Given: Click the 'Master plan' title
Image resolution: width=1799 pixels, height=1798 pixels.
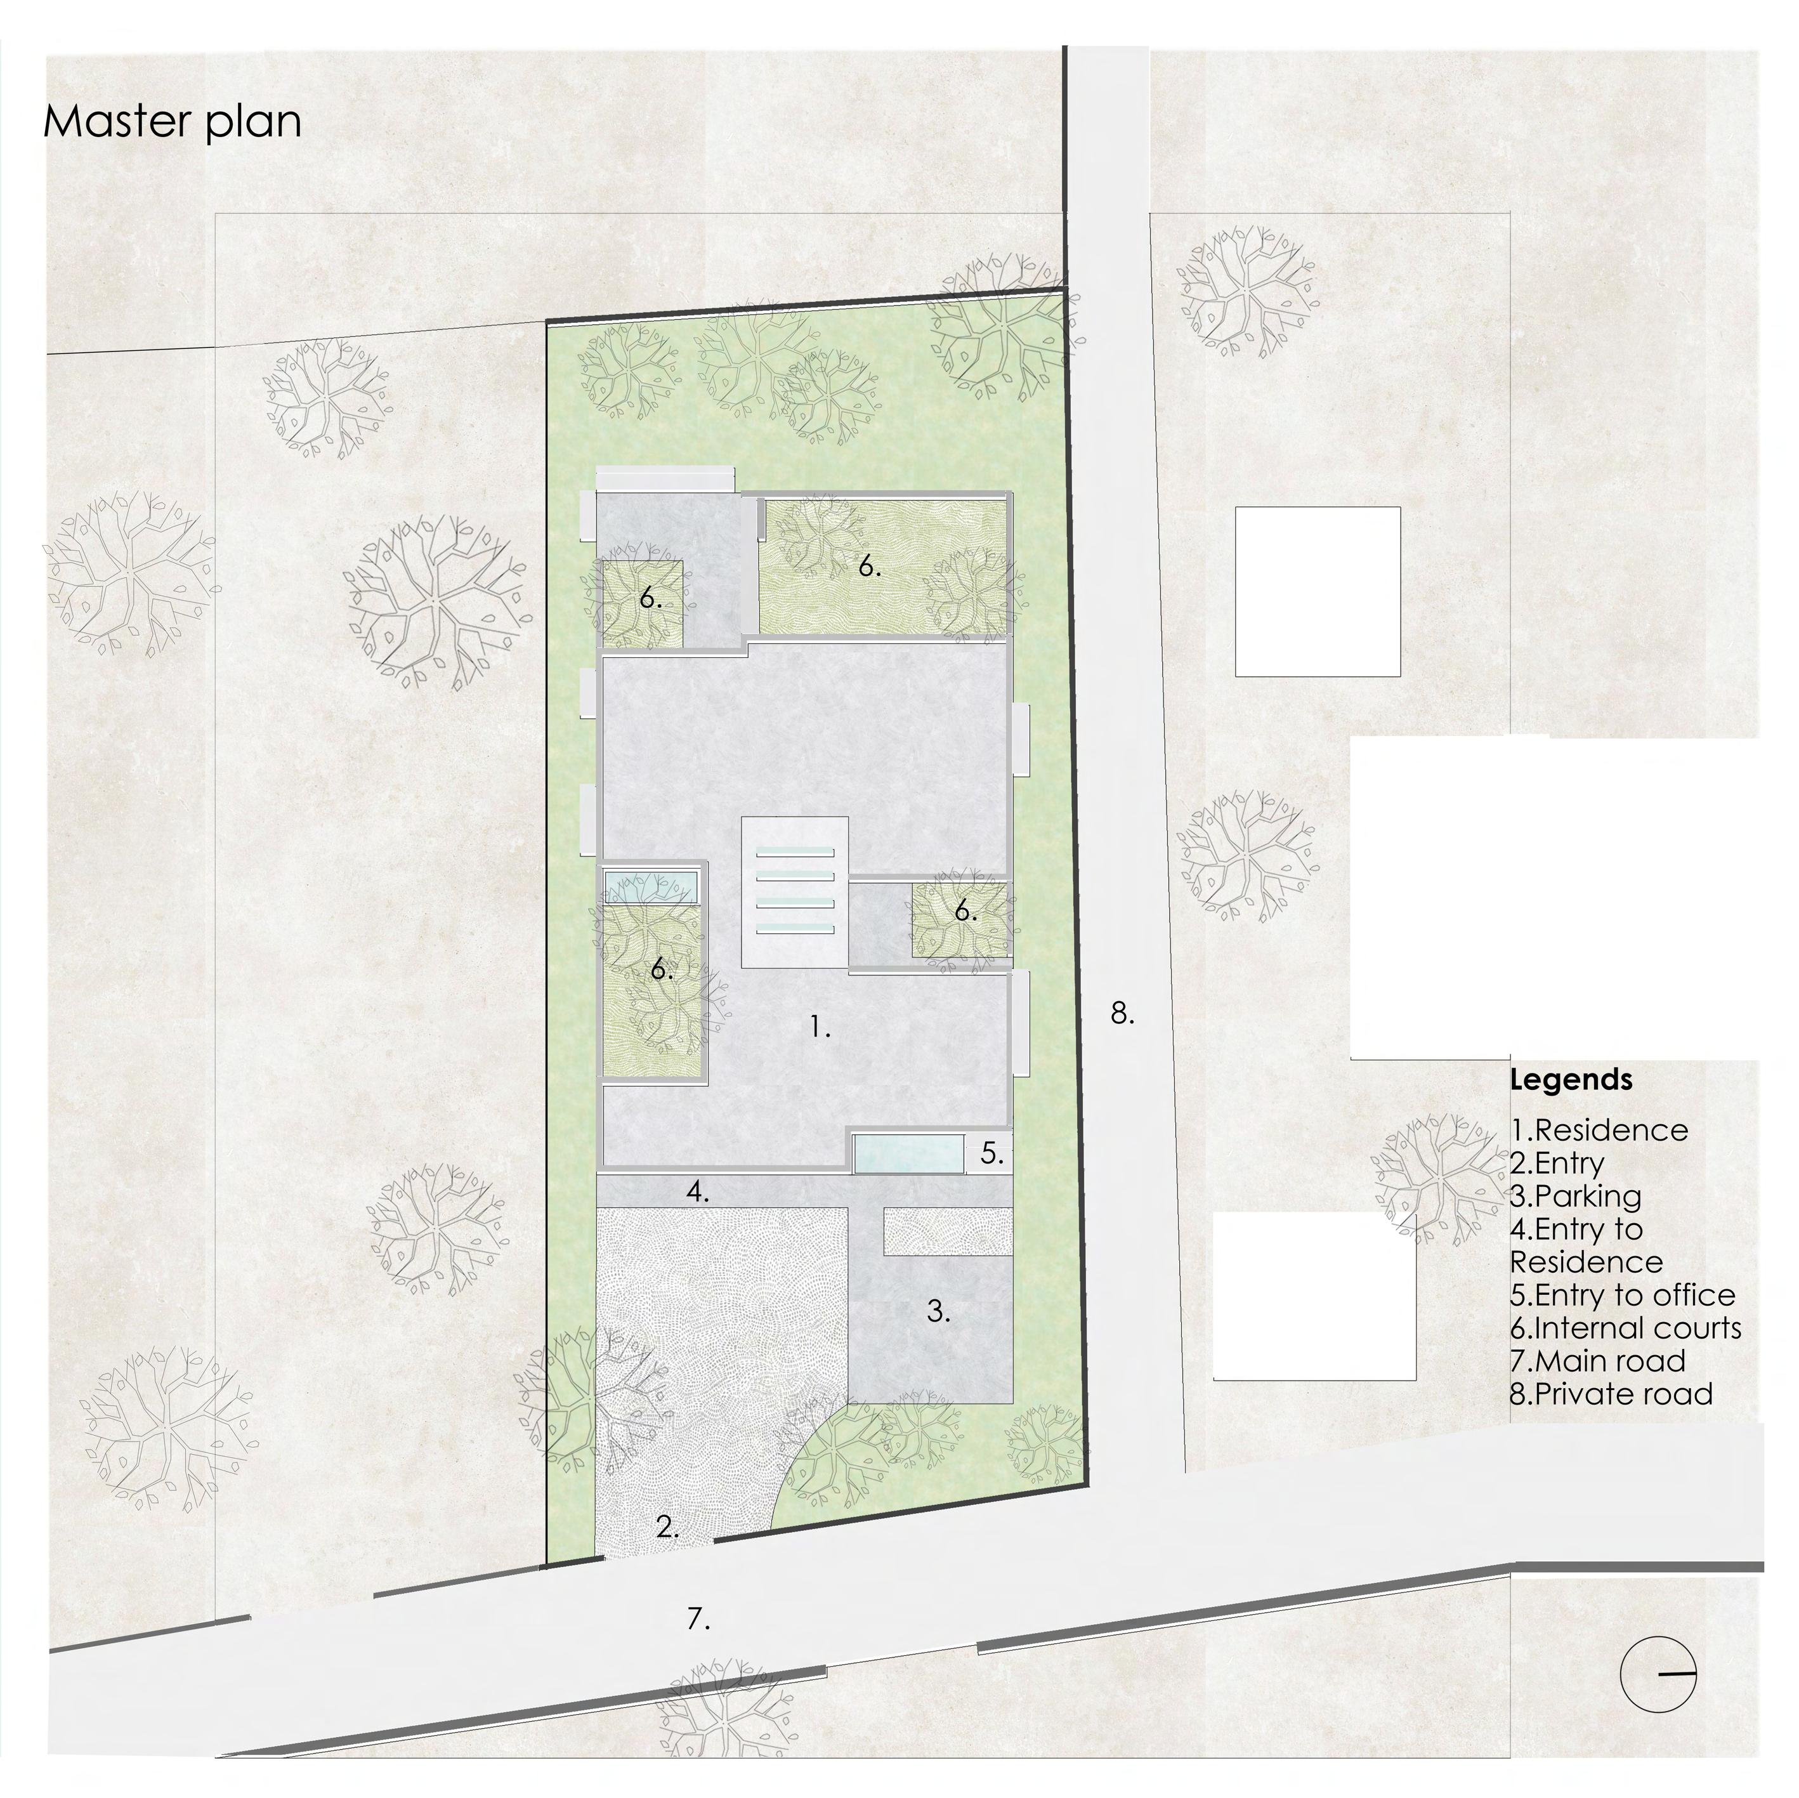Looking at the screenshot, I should pos(173,122).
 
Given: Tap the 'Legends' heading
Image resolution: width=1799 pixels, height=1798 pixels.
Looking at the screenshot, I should pos(1571,1080).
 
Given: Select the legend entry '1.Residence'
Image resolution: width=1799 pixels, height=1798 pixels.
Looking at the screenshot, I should pos(1599,1131).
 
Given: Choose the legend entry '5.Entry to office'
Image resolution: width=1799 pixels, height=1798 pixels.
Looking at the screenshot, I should pos(1622,1295).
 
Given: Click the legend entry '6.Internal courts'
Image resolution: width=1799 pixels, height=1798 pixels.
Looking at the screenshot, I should pos(1625,1329).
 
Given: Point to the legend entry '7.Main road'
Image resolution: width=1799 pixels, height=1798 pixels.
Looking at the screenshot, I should pos(1597,1362).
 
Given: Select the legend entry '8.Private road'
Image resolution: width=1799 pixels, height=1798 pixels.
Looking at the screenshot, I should pos(1611,1395).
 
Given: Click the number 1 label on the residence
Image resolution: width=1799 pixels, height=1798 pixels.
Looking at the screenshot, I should pos(820,1028).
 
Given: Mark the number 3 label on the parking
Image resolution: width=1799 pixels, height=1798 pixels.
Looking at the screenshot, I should pos(938,1312).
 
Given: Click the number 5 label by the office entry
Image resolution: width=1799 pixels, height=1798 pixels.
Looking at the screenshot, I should pos(991,1153).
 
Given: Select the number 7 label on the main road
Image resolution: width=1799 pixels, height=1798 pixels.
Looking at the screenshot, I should pos(698,1619).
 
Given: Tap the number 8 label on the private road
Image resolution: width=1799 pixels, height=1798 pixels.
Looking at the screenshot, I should pos(1122,1014).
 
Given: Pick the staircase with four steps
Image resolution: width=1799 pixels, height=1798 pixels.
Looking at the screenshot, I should pos(794,891).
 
